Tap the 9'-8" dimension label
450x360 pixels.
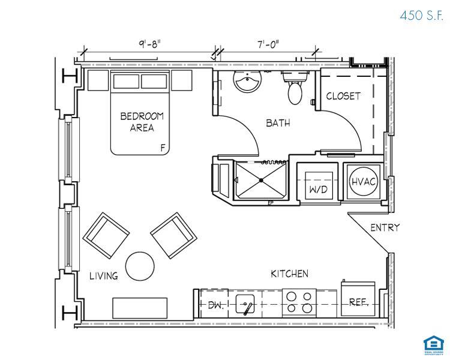[x=150, y=44]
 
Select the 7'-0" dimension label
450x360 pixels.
[x=268, y=44]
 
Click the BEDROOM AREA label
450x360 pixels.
[x=142, y=122]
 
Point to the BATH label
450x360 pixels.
[x=278, y=123]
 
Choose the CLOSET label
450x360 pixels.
[x=343, y=96]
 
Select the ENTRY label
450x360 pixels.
[x=385, y=228]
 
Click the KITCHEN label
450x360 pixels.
[x=289, y=274]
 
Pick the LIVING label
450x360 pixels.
[x=104, y=276]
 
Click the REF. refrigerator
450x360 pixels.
[x=359, y=302]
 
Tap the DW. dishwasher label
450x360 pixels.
[x=215, y=305]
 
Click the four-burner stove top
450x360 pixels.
[x=299, y=302]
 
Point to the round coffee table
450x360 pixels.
[x=140, y=266]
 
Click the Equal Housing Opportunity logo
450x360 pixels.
[x=431, y=346]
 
